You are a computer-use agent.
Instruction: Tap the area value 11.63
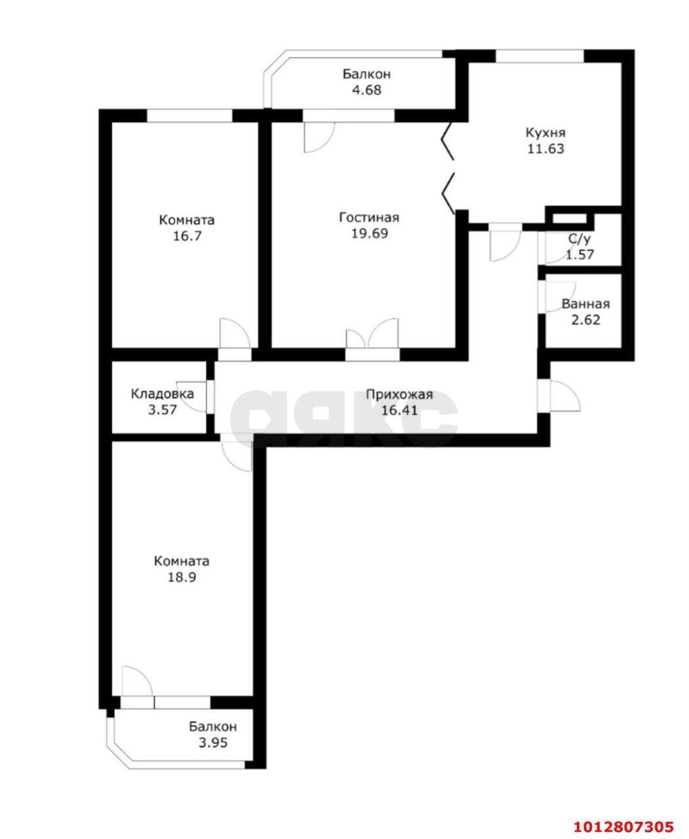545,149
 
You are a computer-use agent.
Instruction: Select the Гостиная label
368,218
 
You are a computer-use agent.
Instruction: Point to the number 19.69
368,233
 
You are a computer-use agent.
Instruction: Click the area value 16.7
186,236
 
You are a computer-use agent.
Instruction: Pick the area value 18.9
181,577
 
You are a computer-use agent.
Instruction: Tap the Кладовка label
162,394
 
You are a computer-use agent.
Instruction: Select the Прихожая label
399,394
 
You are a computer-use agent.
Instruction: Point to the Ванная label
585,304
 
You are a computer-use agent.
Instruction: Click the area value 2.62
585,321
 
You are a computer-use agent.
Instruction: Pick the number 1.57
580,255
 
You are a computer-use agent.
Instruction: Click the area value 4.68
366,90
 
